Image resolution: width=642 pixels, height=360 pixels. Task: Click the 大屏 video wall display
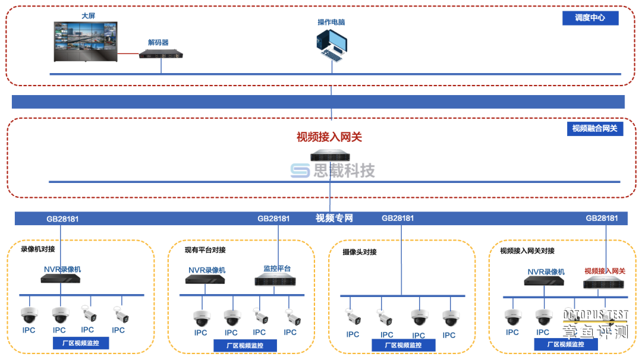click(x=86, y=42)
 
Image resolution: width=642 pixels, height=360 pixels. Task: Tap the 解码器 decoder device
click(x=160, y=55)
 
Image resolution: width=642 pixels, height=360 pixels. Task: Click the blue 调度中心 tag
click(x=590, y=18)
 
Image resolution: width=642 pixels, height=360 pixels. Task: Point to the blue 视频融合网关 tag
click(x=594, y=128)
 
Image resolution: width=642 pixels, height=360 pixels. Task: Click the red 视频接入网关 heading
click(x=329, y=137)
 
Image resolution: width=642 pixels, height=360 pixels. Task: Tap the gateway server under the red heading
click(x=330, y=156)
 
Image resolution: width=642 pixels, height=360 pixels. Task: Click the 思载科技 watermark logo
click(x=332, y=171)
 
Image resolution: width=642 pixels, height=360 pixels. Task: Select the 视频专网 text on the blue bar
click(x=334, y=218)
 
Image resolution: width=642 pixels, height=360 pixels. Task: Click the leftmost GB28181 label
click(x=62, y=219)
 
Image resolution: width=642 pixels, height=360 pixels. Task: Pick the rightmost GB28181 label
click(x=602, y=218)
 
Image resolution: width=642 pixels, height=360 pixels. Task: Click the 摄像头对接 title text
click(x=359, y=252)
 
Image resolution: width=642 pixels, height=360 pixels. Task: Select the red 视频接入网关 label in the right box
click(x=605, y=271)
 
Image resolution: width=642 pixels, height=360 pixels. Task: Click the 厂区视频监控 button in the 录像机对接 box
click(x=81, y=343)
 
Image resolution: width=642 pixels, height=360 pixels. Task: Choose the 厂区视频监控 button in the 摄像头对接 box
click(x=402, y=345)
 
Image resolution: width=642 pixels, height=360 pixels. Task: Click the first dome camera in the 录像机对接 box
click(x=29, y=315)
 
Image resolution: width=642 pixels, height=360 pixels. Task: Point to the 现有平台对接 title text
click(x=205, y=250)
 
